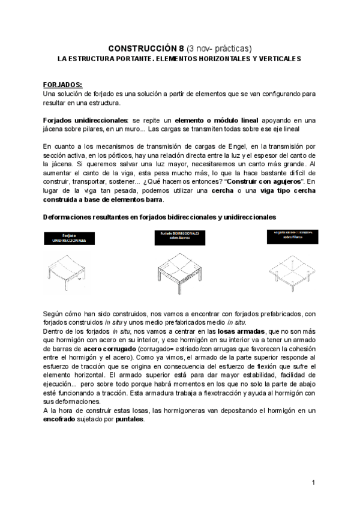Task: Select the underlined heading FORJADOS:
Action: click(x=63, y=85)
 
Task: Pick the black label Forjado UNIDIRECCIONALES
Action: click(x=68, y=238)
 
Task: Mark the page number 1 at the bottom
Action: click(x=314, y=483)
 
